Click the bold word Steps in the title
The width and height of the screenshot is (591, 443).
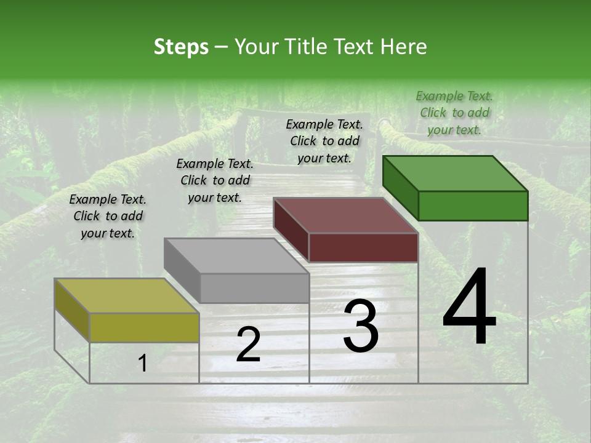pyautogui.click(x=181, y=47)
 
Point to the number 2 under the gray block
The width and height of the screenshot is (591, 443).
pyautogui.click(x=248, y=345)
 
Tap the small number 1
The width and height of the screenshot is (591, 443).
pyautogui.click(x=142, y=364)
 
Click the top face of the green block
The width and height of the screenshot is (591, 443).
pyautogui.click(x=456, y=173)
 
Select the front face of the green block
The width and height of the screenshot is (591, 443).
pyautogui.click(x=473, y=206)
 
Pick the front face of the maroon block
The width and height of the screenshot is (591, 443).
pyautogui.click(x=363, y=247)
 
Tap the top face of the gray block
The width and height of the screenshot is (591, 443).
pyautogui.click(x=236, y=256)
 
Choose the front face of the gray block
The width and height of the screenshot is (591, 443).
pyautogui.click(x=254, y=288)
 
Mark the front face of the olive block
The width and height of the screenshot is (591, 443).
pyautogui.click(x=144, y=327)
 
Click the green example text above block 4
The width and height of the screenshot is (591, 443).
pyautogui.click(x=454, y=113)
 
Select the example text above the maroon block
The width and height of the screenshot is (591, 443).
pyautogui.click(x=324, y=141)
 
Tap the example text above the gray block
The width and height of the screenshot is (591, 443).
pyautogui.click(x=215, y=180)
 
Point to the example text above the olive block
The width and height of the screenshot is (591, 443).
pyautogui.click(x=108, y=216)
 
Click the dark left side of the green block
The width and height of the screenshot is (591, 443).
pyautogui.click(x=400, y=188)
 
